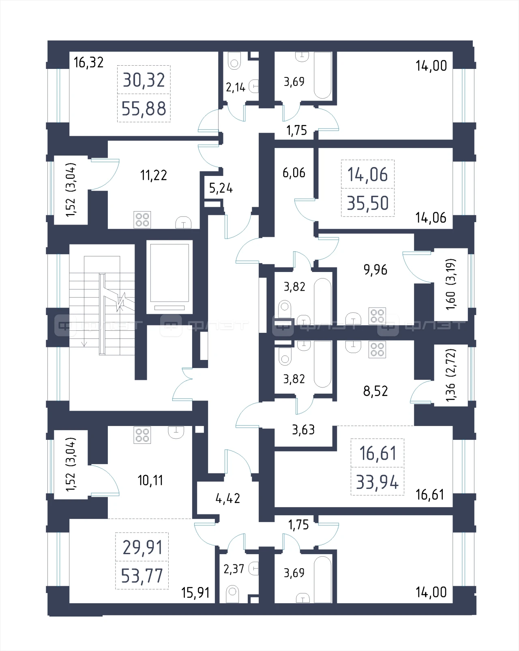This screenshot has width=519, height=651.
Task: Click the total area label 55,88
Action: (x=144, y=109)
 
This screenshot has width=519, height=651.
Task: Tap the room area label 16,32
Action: (x=88, y=62)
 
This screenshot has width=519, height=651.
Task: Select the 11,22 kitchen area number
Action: (x=153, y=175)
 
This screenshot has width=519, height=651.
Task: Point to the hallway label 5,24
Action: (x=221, y=188)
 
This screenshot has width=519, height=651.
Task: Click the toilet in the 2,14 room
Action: (x=234, y=61)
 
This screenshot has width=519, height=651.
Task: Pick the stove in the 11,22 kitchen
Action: (x=142, y=220)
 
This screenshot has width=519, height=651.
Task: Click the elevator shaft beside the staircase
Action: (x=169, y=277)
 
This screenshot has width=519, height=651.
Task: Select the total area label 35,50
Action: (x=368, y=203)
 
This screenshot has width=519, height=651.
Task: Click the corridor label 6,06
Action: (x=294, y=173)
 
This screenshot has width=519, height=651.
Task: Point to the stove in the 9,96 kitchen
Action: (x=377, y=316)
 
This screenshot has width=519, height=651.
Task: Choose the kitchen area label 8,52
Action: (x=375, y=391)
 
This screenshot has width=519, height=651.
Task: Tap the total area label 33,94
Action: (x=377, y=482)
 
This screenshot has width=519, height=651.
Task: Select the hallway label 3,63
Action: (x=303, y=430)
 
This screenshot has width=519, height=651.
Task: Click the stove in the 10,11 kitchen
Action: (x=142, y=435)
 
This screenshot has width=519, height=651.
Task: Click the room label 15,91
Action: (x=195, y=593)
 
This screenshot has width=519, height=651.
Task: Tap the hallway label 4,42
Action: (x=227, y=498)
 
